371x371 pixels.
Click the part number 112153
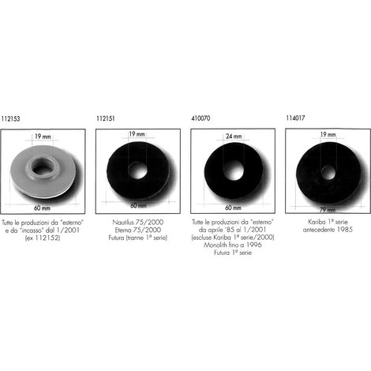(10, 118)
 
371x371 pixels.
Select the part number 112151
(106, 118)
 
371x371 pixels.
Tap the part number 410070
(200, 118)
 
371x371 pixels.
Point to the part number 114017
(295, 118)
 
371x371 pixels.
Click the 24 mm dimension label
(234, 137)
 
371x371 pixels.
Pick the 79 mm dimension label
(328, 210)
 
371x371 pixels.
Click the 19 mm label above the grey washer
(43, 137)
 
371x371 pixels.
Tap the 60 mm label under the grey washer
(42, 208)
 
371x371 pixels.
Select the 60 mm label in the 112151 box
(138, 205)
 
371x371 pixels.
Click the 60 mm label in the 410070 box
(233, 208)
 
